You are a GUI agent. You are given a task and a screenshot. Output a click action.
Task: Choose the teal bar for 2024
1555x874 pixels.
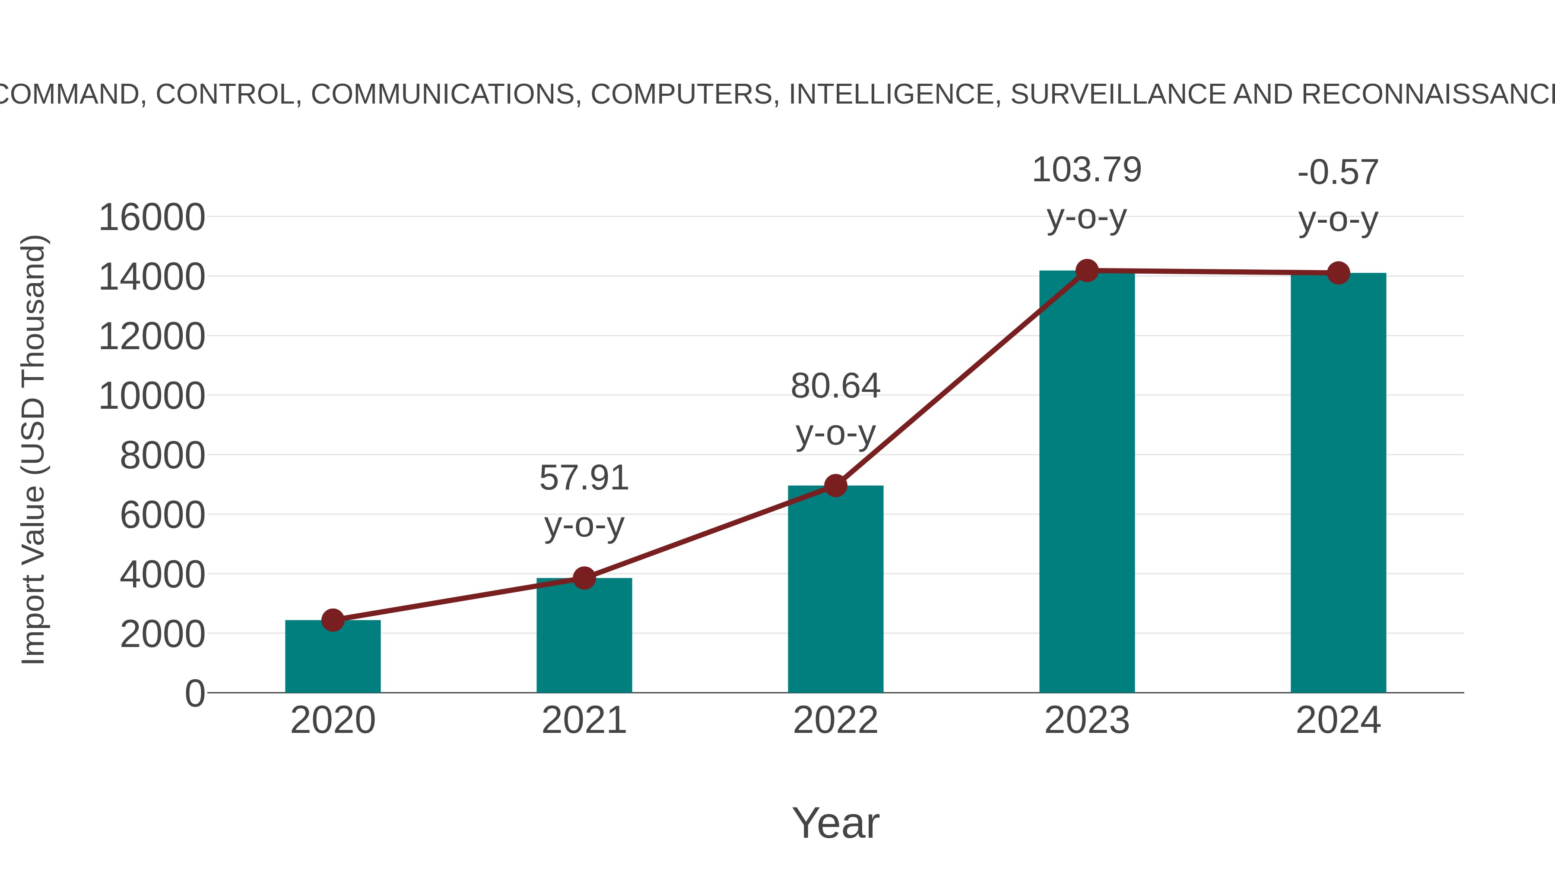pos(1338,483)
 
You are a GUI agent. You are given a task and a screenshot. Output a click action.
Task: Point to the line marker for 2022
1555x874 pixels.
pos(835,485)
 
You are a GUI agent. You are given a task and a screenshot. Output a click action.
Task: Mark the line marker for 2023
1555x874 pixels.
pos(1087,271)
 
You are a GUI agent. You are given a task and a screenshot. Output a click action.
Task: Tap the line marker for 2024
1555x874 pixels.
pos(1338,273)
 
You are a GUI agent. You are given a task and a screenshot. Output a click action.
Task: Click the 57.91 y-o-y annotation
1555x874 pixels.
pos(584,501)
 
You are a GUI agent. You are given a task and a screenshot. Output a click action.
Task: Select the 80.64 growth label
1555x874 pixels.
pos(835,409)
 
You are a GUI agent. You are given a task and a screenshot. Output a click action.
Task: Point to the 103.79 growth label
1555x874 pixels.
pos(1087,193)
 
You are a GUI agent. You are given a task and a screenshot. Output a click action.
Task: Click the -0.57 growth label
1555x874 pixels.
pos(1338,196)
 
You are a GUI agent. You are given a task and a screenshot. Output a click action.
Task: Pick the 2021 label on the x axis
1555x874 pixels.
pos(584,720)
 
